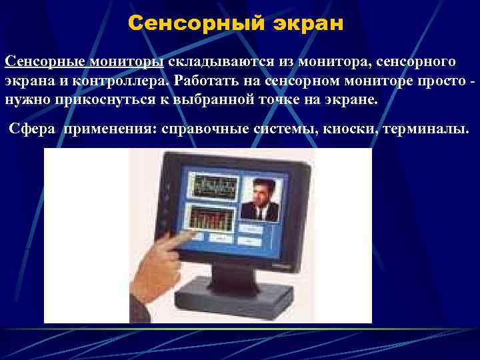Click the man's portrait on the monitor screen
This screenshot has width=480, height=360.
coord(262,198)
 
